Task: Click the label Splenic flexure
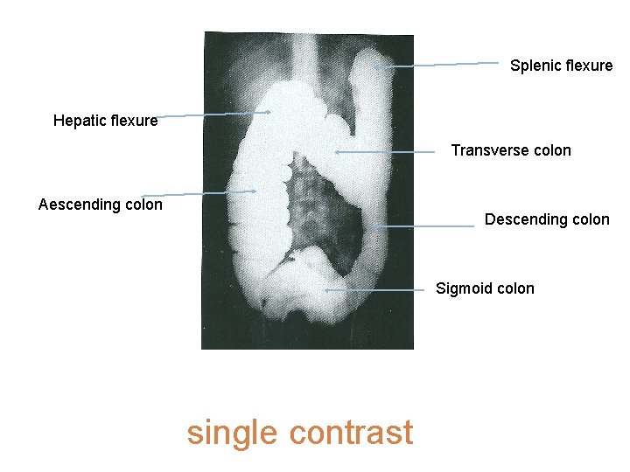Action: pyautogui.click(x=561, y=66)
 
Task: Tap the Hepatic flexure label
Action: pyautogui.click(x=105, y=121)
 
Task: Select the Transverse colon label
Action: pyautogui.click(x=511, y=150)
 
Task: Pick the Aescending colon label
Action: pyautogui.click(x=101, y=205)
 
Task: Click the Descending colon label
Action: pyautogui.click(x=547, y=219)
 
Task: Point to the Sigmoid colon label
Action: pyautogui.click(x=485, y=288)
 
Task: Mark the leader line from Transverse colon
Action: pyautogui.click(x=385, y=152)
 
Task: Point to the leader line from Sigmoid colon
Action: pyautogui.click(x=376, y=289)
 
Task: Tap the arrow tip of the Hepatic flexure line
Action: pyautogui.click(x=269, y=112)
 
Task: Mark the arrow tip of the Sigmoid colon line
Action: pyautogui.click(x=325, y=289)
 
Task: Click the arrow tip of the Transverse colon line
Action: pyautogui.click(x=337, y=152)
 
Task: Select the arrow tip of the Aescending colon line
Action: pyautogui.click(x=255, y=191)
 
